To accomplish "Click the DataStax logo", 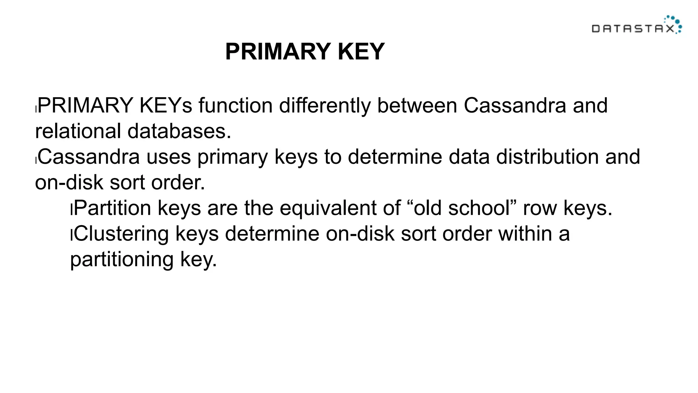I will click(636, 25).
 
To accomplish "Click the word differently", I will click(324, 105).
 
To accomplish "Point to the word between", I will click(416, 105).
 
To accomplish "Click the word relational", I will click(78, 131).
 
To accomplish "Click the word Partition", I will click(112, 208).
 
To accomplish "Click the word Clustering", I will click(121, 234).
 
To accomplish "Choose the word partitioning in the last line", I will click(122, 260).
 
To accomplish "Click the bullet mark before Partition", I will click(71, 209).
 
